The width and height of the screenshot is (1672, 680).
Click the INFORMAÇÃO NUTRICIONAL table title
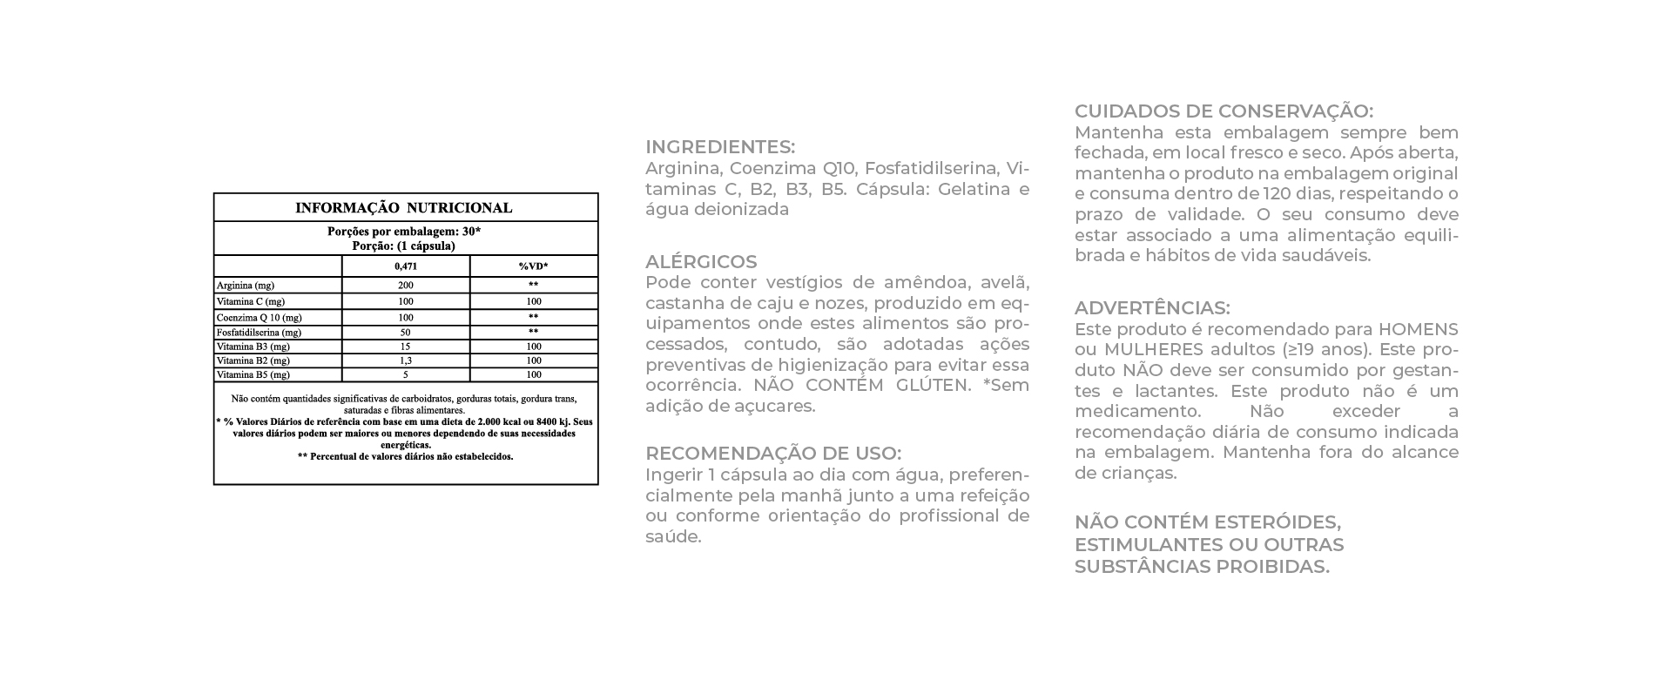click(x=404, y=208)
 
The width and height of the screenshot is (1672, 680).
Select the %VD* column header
click(x=533, y=266)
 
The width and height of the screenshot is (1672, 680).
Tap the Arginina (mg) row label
click(x=246, y=286)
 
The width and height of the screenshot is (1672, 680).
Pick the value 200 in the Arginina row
click(x=405, y=286)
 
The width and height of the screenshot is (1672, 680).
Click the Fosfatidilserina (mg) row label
click(x=259, y=333)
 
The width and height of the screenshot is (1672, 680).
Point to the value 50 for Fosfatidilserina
click(x=405, y=333)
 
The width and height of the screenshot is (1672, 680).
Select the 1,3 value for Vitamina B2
click(x=405, y=360)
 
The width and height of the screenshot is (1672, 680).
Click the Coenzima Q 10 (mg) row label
click(x=260, y=318)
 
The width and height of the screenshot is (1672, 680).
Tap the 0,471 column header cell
click(x=405, y=266)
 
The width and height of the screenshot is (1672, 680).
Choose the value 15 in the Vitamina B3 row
click(x=405, y=347)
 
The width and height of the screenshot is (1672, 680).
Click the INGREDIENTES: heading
click(x=720, y=147)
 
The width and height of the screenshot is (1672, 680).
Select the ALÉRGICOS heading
click(x=701, y=262)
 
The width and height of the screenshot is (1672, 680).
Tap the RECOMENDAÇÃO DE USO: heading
click(x=773, y=454)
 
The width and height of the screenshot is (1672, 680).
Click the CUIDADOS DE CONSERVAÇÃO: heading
click(x=1224, y=111)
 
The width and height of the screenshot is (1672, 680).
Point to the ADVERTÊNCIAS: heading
click(x=1152, y=308)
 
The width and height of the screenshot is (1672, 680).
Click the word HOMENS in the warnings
click(x=1418, y=330)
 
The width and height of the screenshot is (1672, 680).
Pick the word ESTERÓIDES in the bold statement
click(x=1279, y=522)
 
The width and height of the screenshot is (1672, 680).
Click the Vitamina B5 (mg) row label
click(x=253, y=375)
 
